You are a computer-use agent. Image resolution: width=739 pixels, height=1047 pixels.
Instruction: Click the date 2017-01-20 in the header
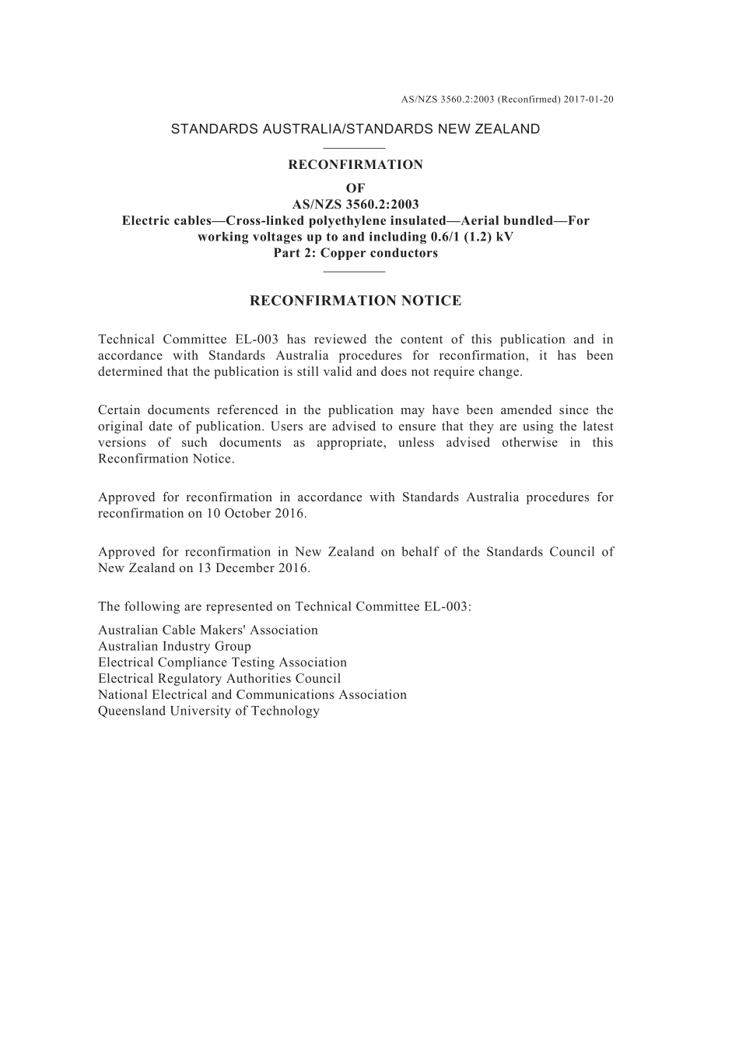[x=589, y=100]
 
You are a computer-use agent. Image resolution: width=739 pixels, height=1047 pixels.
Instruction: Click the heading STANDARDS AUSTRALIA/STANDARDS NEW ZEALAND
[x=355, y=129]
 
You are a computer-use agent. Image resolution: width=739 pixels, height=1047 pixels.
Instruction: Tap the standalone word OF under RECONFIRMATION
[x=355, y=188]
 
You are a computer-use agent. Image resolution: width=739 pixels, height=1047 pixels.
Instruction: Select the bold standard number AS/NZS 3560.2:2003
[x=355, y=205]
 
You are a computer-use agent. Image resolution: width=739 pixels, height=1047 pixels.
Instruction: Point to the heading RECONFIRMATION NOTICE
[x=355, y=300]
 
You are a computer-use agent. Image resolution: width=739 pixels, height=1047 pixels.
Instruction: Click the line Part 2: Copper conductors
[x=355, y=253]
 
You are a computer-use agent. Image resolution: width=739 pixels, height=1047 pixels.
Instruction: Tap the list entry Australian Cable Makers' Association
[x=208, y=630]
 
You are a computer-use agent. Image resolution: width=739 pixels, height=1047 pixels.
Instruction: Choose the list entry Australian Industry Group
[x=174, y=646]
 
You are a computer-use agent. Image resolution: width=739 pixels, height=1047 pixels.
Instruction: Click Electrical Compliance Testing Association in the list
[x=222, y=662]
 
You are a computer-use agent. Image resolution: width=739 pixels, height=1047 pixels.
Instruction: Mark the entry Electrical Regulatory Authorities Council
[x=219, y=679]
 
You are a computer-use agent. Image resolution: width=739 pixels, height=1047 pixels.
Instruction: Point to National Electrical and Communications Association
[x=252, y=694]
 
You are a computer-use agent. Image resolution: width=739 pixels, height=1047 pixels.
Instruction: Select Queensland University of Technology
[x=208, y=711]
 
